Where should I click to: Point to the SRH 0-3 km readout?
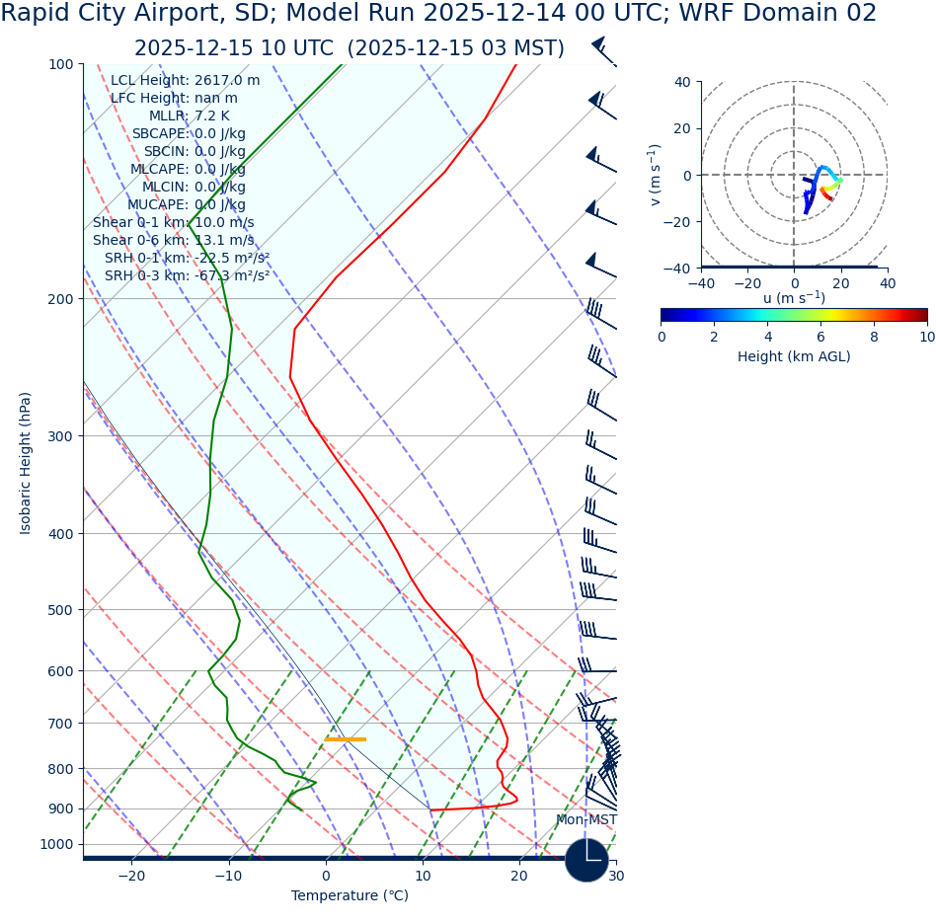tap(187, 276)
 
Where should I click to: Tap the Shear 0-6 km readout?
tap(173, 241)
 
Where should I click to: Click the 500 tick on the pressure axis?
tap(61, 610)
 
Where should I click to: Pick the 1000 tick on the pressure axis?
tap(56, 845)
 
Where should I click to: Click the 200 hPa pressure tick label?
tap(61, 299)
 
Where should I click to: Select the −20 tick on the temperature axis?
tap(131, 877)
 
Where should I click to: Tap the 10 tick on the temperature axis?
tap(423, 877)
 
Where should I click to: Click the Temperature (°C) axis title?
tap(350, 896)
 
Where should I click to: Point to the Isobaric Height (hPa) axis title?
tap(26, 463)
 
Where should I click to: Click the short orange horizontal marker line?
tap(346, 739)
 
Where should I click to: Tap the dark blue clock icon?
tap(586, 860)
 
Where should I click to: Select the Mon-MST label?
tap(585, 820)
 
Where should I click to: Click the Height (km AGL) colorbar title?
tap(794, 356)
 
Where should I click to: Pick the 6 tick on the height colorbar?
tap(820, 337)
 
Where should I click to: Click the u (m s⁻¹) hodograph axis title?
tap(794, 298)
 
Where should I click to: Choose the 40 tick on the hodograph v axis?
tap(681, 82)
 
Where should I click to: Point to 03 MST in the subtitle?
tap(520, 49)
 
